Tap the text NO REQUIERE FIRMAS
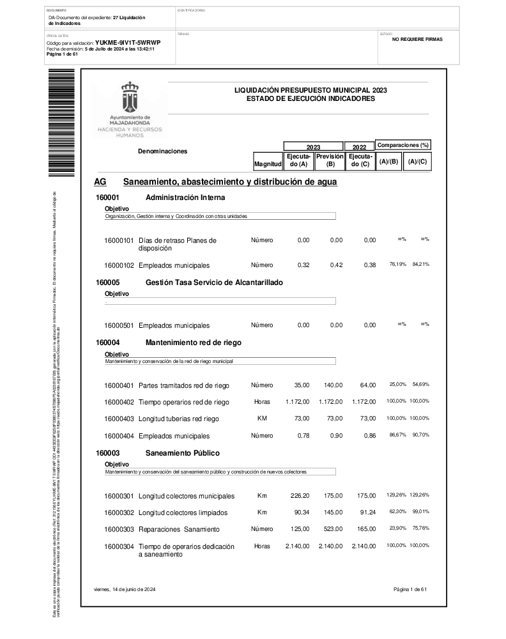[x=417, y=39]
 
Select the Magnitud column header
[x=268, y=164]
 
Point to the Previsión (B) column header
[x=330, y=160]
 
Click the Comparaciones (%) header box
[x=403, y=145]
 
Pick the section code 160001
[x=108, y=198]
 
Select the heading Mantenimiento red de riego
[x=194, y=343]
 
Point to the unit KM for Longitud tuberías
[x=262, y=418]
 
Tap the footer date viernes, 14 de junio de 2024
[x=125, y=589]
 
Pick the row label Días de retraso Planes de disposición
[x=178, y=244]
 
